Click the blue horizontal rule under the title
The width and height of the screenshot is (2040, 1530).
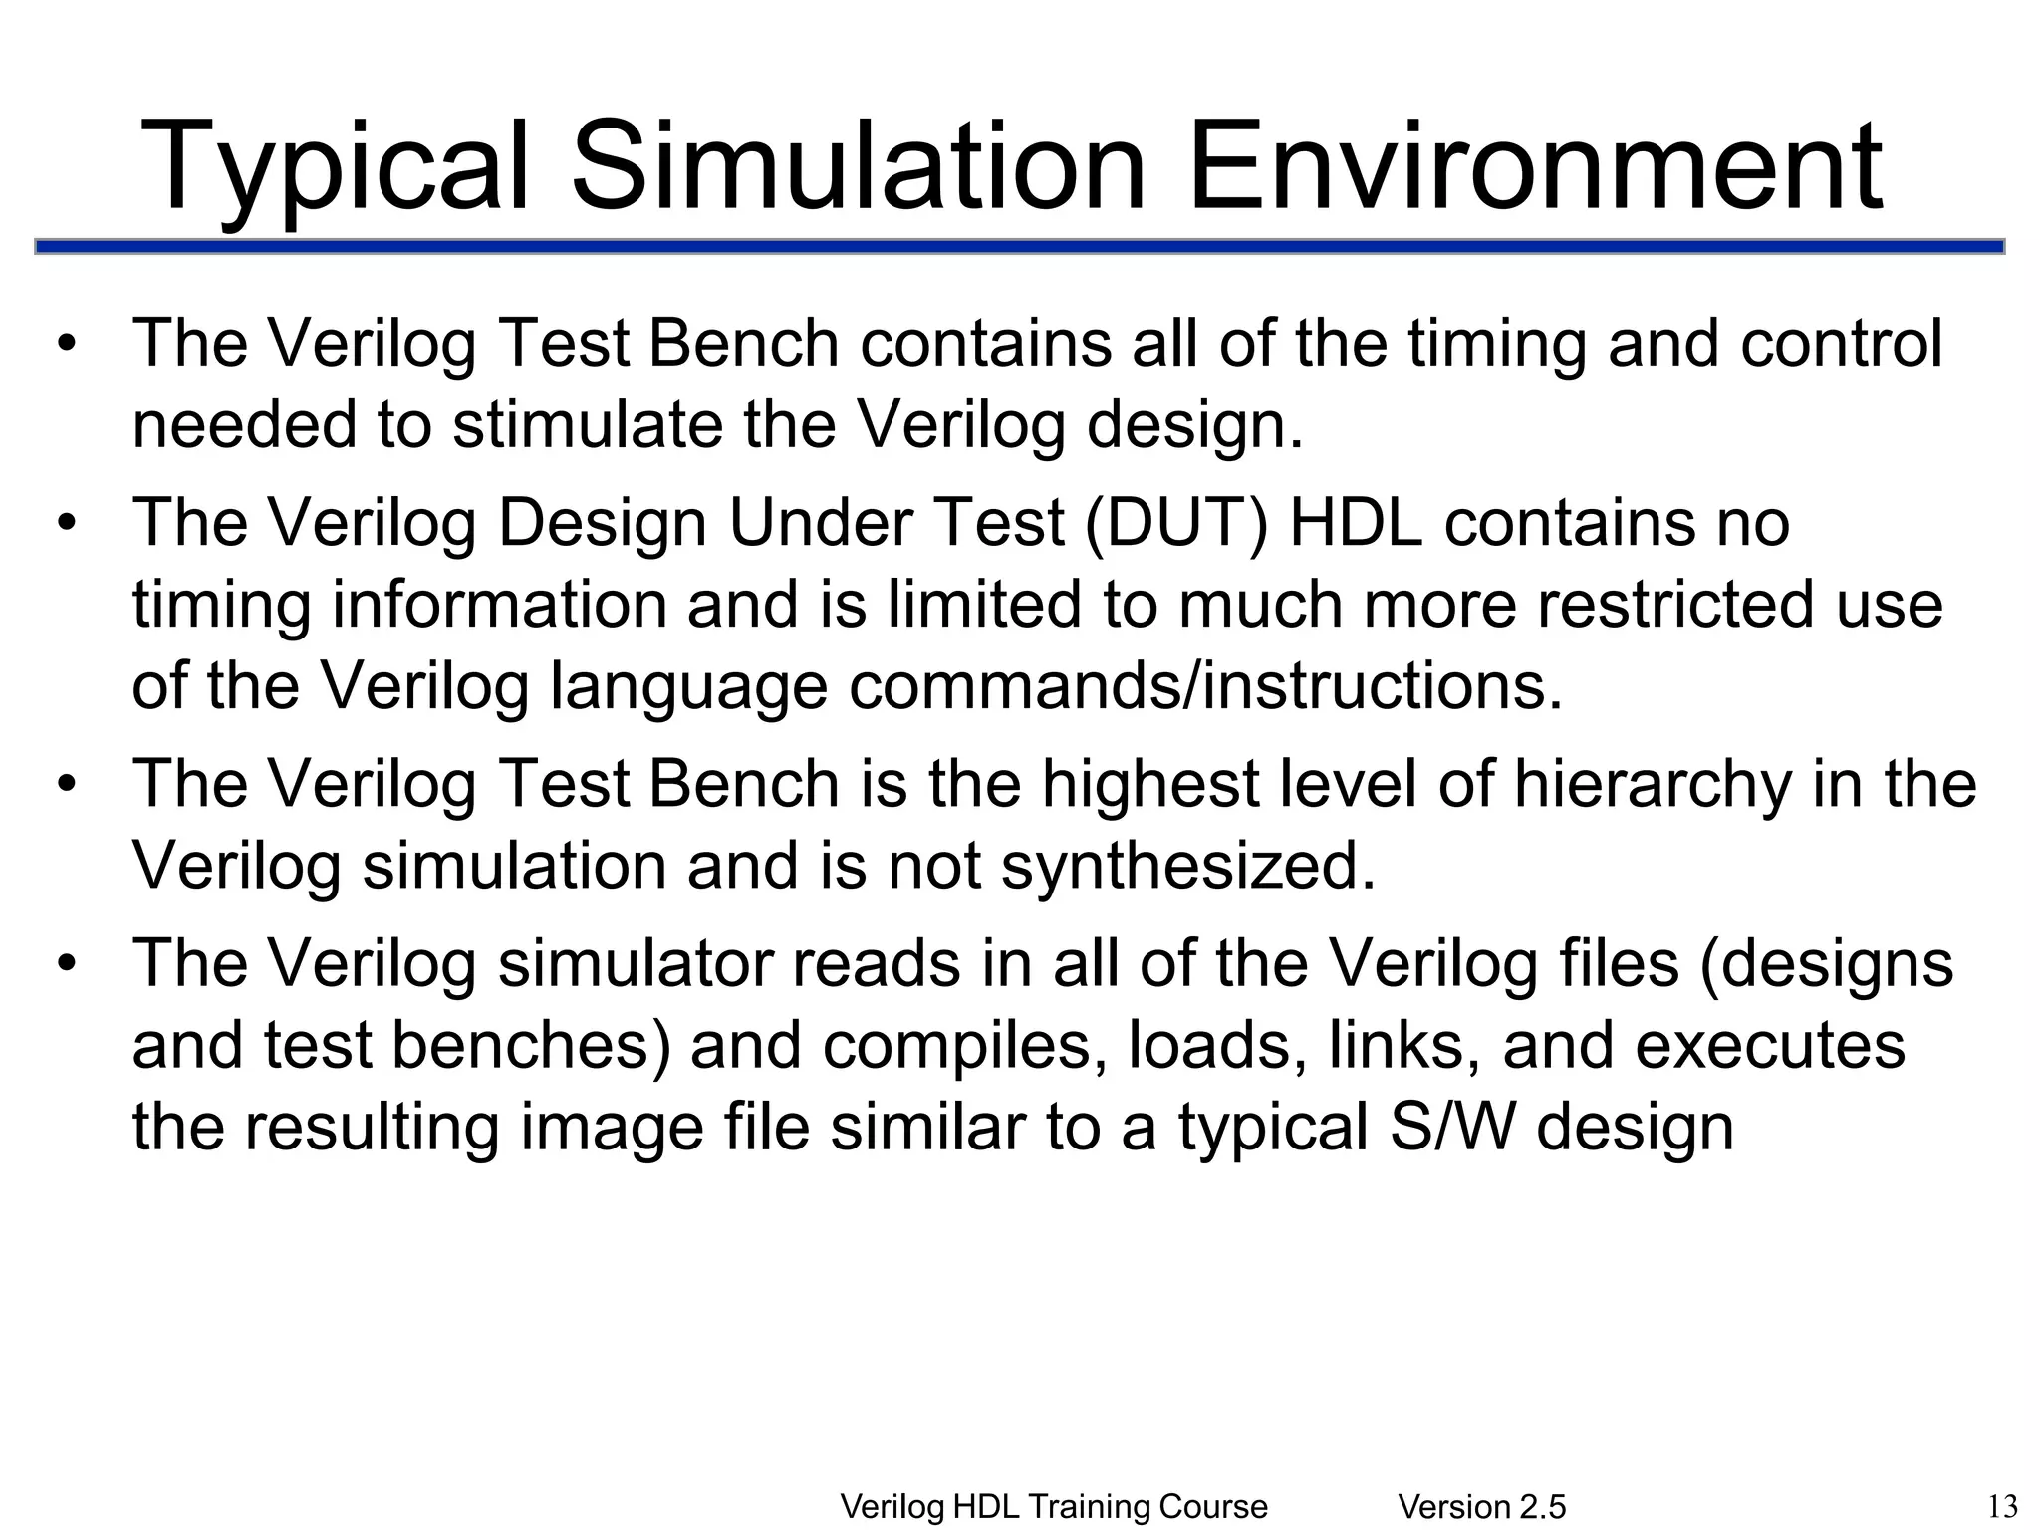coord(1019,247)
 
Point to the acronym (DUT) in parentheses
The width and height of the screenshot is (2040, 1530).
coord(1176,523)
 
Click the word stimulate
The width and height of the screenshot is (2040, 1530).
coord(588,425)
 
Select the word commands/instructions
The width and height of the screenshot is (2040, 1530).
coord(1205,686)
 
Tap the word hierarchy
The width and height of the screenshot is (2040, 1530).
coord(1653,784)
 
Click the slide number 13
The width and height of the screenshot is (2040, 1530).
coord(2001,1505)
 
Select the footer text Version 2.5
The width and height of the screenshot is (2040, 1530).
coord(1482,1507)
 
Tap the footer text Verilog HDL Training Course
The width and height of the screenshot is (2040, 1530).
coord(1054,1507)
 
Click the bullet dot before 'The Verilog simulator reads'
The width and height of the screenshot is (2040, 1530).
coord(67,964)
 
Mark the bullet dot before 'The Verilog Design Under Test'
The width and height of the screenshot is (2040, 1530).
coord(67,523)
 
